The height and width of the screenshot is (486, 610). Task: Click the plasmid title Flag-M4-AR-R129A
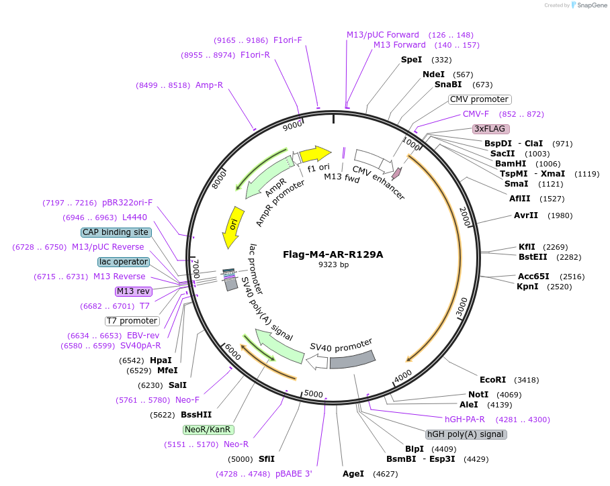(x=333, y=254)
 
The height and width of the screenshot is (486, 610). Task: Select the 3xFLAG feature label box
(x=491, y=128)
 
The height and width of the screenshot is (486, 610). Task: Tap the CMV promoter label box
(x=479, y=99)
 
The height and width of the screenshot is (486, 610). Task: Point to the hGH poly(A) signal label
(x=466, y=434)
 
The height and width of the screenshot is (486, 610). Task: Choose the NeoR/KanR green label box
(x=208, y=430)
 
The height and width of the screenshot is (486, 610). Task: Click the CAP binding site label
(x=116, y=232)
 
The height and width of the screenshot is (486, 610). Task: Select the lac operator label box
(x=123, y=261)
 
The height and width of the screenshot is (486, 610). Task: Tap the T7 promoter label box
(x=132, y=321)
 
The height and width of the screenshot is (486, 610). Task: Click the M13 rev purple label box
(x=134, y=291)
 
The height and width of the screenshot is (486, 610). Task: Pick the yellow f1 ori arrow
(x=315, y=154)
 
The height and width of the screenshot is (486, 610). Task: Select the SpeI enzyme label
(x=411, y=60)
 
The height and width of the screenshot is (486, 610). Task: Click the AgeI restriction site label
(x=353, y=474)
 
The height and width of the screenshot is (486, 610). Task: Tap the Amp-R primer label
(x=209, y=85)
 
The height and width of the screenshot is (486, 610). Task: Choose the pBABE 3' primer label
(x=294, y=474)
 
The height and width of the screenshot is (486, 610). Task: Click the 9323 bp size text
(x=333, y=264)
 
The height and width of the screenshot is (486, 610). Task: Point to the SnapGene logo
(x=588, y=5)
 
